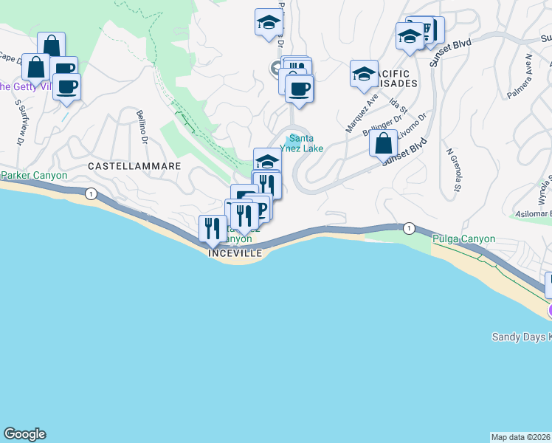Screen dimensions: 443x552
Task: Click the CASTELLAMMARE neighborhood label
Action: coord(134,166)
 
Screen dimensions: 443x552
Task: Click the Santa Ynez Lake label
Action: coord(306,142)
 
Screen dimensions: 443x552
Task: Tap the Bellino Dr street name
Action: coord(143,126)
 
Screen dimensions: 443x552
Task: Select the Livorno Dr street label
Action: coord(413,126)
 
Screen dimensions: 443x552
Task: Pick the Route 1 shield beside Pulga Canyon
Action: coord(408,227)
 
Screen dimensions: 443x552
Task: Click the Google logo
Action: coord(24,434)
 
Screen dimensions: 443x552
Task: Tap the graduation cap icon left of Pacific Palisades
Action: coord(364,74)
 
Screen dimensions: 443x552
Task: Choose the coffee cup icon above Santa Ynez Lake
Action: coord(299,89)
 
